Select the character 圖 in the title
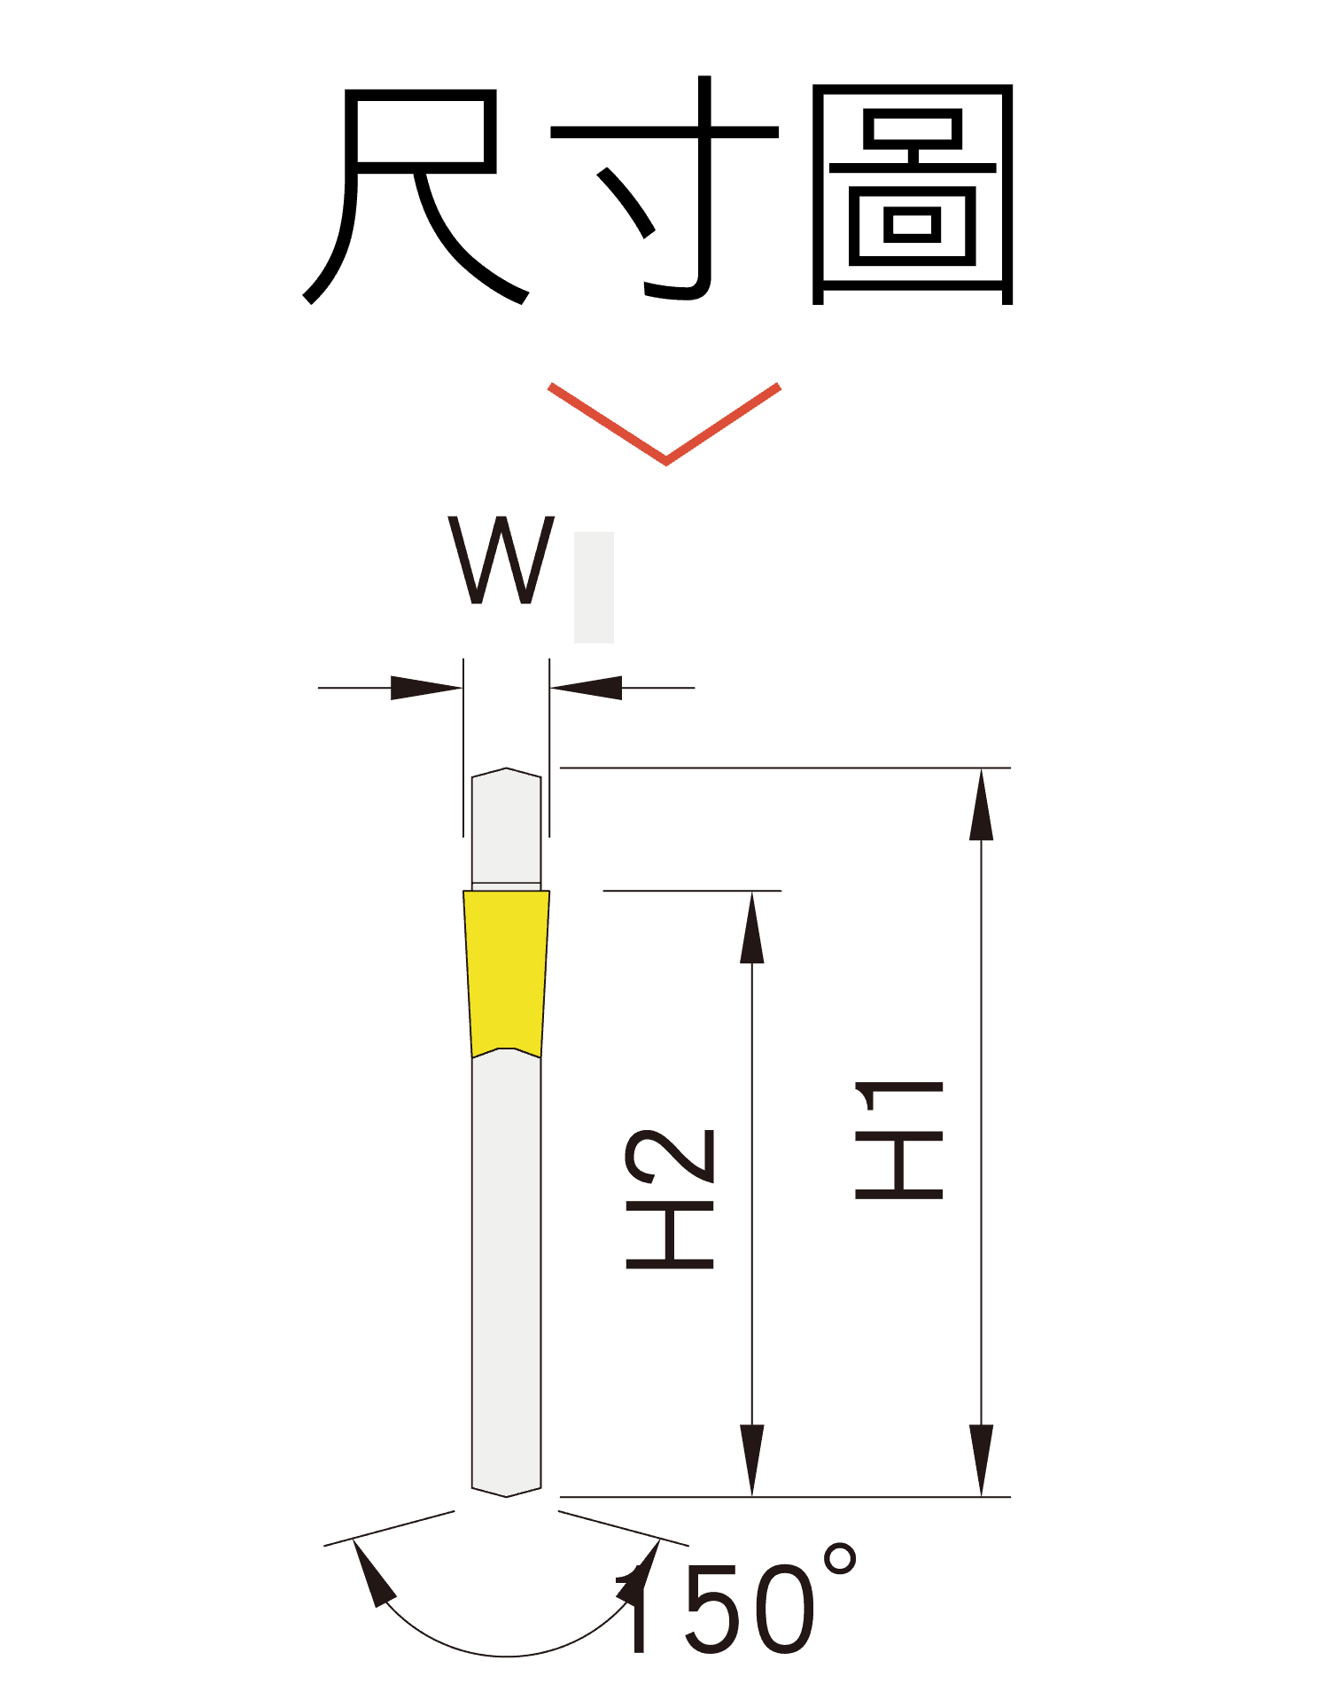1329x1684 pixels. point(913,195)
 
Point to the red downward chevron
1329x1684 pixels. point(664,425)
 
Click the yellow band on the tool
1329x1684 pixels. point(506,971)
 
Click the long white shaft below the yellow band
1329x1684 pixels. point(506,1267)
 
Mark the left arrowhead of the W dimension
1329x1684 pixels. point(425,688)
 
